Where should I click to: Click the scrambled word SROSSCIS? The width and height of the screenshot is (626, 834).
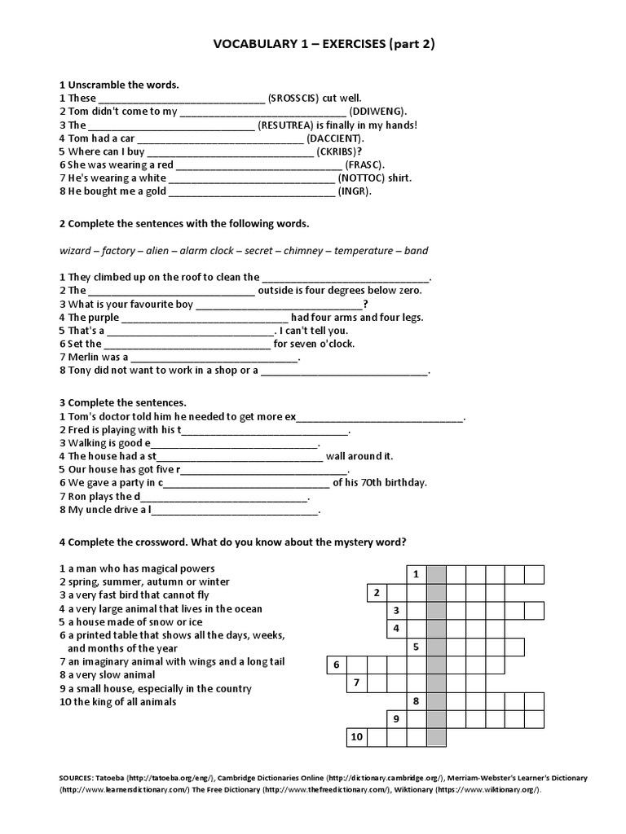point(297,98)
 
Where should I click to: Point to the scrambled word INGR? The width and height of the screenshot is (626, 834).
point(355,191)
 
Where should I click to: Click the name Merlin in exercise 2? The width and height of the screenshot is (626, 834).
point(83,357)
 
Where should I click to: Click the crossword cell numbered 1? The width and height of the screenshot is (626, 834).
point(417,574)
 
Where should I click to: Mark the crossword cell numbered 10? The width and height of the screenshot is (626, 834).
point(356,737)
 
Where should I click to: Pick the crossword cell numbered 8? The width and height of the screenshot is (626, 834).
point(417,701)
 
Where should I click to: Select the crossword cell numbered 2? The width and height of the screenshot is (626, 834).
point(377,593)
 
